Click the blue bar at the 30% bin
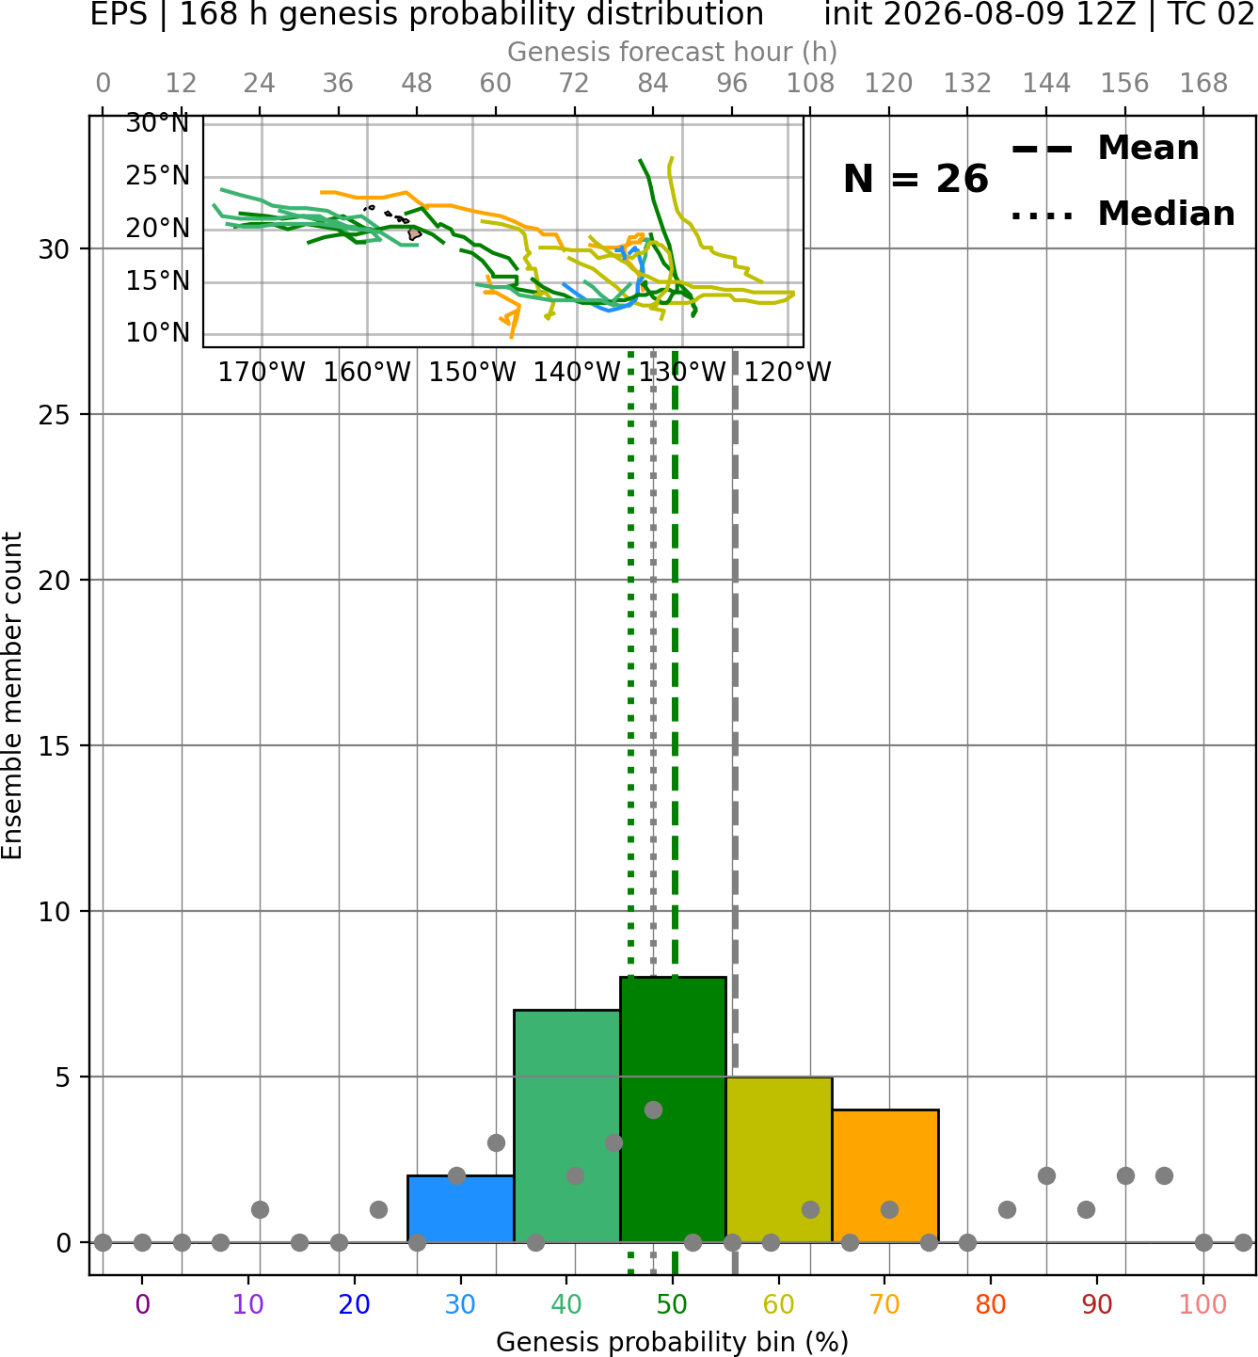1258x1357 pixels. click(x=460, y=1208)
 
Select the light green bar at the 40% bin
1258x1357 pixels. click(x=566, y=1126)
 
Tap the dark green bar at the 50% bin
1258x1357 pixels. click(x=673, y=1109)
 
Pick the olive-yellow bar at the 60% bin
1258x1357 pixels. click(x=779, y=1158)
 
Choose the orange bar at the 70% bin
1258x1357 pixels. click(x=884, y=1175)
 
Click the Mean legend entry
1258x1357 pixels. click(x=1105, y=149)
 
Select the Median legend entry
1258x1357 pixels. click(x=1123, y=214)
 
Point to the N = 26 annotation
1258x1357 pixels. click(x=916, y=179)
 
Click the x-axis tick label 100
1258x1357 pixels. click(x=1202, y=1304)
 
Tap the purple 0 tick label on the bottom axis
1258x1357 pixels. click(x=142, y=1304)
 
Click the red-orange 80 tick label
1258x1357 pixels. click(x=991, y=1304)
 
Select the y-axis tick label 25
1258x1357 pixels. click(x=55, y=415)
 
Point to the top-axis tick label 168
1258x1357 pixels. click(x=1203, y=84)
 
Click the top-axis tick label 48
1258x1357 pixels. click(x=417, y=84)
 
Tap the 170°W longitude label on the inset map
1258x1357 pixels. click(x=261, y=373)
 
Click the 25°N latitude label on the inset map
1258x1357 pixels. click(x=157, y=176)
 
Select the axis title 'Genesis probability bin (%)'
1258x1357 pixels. click(x=673, y=1341)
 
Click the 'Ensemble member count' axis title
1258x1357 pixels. click(x=11, y=695)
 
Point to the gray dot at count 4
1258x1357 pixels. click(x=653, y=1110)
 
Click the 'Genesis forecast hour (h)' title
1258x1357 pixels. click(x=673, y=52)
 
